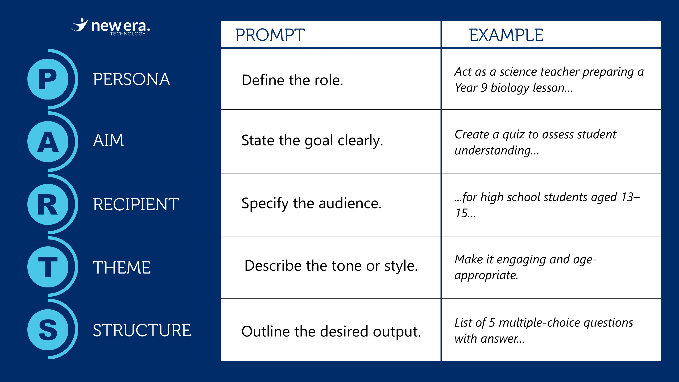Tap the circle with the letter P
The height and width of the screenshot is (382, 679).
click(x=48, y=79)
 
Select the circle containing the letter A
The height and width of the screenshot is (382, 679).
click(x=48, y=141)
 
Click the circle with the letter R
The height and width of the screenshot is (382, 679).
click(x=48, y=204)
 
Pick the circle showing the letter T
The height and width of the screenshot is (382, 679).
click(x=48, y=267)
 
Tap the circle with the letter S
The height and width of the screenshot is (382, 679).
click(x=48, y=330)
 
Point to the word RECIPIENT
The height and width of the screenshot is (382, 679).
click(x=136, y=204)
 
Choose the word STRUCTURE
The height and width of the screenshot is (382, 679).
click(x=142, y=330)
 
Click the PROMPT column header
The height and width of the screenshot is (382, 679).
click(x=270, y=35)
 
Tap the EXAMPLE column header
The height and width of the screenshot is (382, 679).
click(x=506, y=35)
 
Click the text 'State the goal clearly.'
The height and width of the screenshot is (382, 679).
click(x=312, y=141)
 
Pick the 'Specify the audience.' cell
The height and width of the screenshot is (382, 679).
click(x=311, y=203)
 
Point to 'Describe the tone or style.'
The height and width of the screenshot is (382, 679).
click(x=331, y=266)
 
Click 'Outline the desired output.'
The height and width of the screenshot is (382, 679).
click(x=331, y=331)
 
